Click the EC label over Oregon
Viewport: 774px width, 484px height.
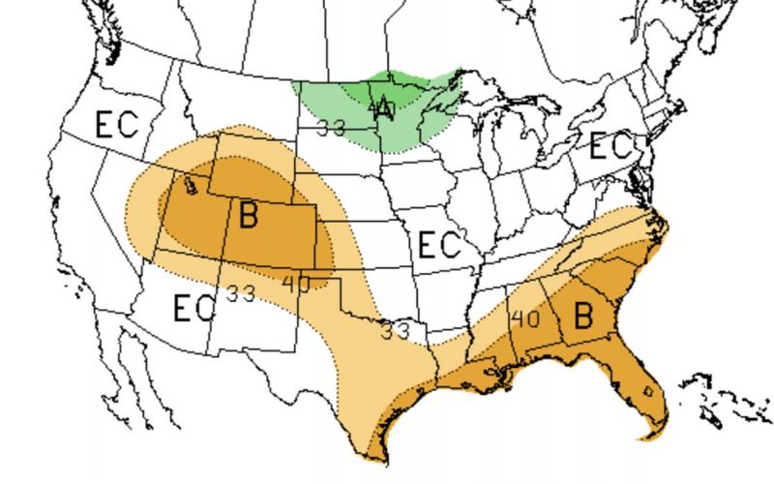[116, 125]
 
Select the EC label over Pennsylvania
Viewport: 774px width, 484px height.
[610, 148]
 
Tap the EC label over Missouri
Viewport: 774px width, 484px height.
[440, 244]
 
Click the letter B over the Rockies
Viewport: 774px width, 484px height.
[249, 215]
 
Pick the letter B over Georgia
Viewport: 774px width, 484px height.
[583, 316]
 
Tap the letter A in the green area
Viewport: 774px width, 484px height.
[385, 108]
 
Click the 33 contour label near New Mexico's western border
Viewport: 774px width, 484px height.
[240, 293]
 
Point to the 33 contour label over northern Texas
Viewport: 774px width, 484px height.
[395, 330]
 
